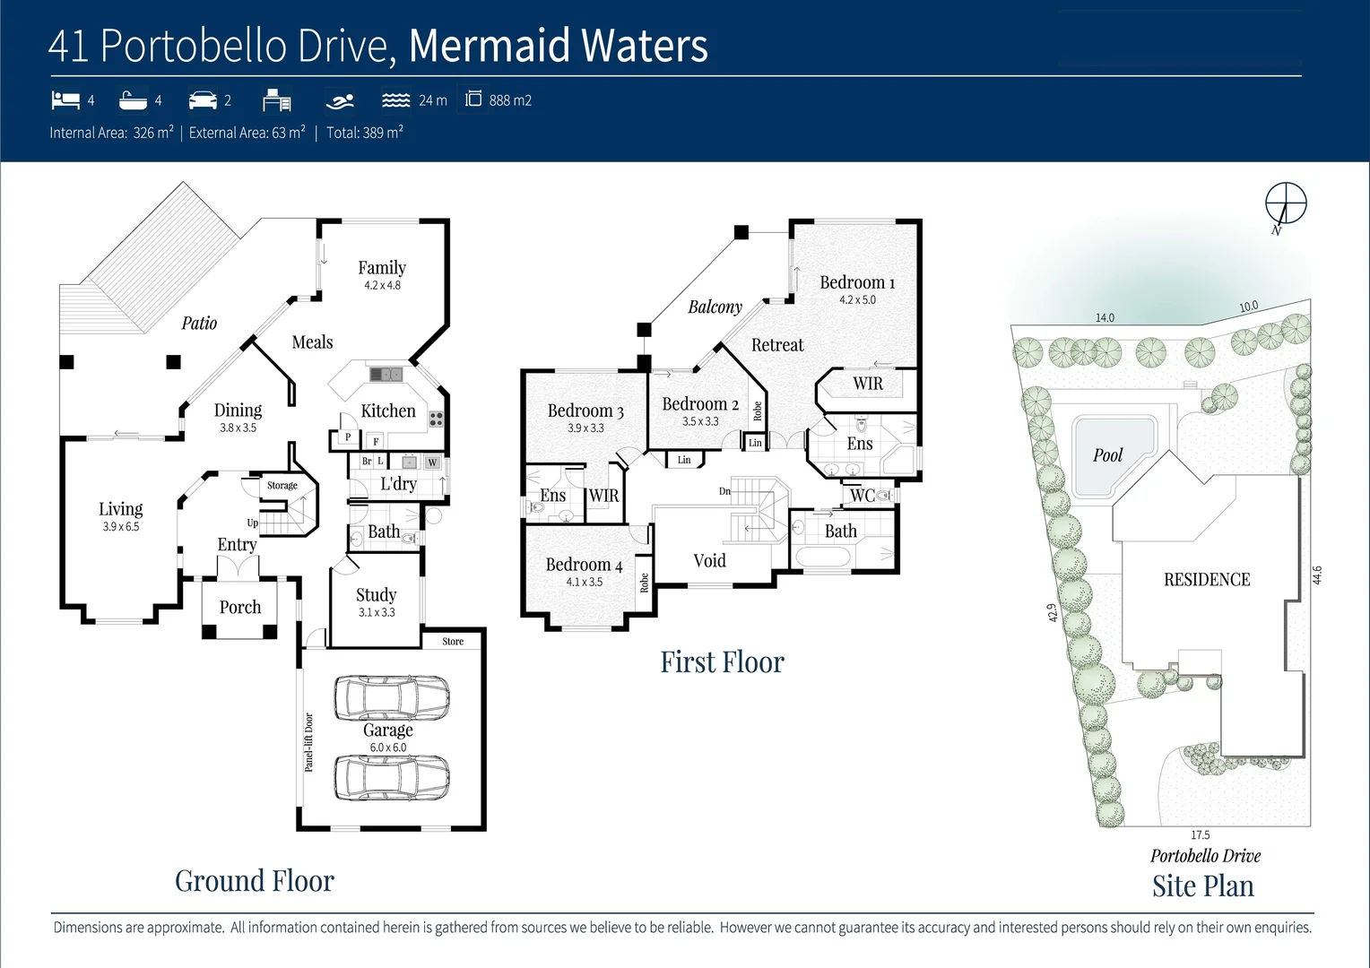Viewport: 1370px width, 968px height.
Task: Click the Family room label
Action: click(x=382, y=267)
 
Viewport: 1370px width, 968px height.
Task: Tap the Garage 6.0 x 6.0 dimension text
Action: click(x=387, y=748)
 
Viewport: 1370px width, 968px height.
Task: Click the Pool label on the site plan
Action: click(x=1107, y=455)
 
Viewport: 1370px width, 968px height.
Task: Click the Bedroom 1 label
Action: click(x=857, y=282)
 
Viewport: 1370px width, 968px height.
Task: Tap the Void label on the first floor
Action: click(x=709, y=561)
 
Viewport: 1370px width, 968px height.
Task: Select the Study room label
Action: click(x=376, y=595)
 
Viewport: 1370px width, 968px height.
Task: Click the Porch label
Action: click(x=240, y=608)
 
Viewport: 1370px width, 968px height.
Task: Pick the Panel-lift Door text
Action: click(x=308, y=742)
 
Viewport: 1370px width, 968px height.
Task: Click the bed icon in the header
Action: click(x=65, y=99)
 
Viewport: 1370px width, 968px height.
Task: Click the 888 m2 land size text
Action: click(x=510, y=100)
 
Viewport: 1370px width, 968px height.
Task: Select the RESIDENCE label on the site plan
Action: click(x=1206, y=580)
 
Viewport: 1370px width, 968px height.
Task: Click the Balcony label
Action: click(x=715, y=307)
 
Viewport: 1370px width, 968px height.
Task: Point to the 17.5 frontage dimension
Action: click(x=1200, y=835)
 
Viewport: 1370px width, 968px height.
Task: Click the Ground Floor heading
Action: click(x=255, y=881)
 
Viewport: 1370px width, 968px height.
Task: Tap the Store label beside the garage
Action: click(x=453, y=642)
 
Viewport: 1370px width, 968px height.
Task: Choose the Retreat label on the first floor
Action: click(x=777, y=345)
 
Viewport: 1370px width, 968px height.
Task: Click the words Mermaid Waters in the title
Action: click(x=558, y=47)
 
